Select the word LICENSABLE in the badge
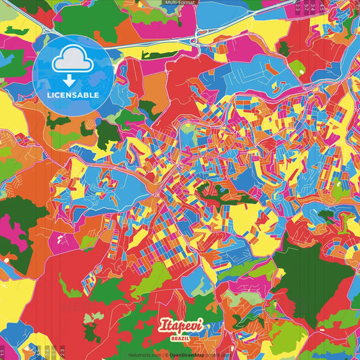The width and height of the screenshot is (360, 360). pos(73,95)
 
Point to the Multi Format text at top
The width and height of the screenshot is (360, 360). pos(180,3)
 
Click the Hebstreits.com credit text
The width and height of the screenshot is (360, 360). pos(145,354)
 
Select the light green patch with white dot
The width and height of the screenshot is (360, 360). pos(296,67)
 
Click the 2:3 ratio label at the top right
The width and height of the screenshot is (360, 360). pos(297,7)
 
